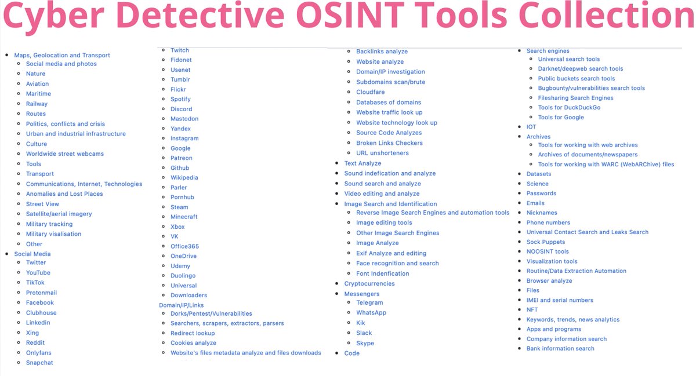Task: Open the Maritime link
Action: (38, 94)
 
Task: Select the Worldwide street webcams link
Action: (65, 154)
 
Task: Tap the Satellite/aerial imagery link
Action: (59, 214)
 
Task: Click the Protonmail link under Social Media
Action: (41, 293)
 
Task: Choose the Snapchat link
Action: (39, 363)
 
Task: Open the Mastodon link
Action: (184, 119)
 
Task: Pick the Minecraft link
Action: (184, 217)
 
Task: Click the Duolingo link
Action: (183, 276)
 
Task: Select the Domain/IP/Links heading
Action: (182, 305)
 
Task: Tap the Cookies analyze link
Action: (193, 343)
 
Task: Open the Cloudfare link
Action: (370, 92)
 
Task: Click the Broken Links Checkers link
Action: (389, 143)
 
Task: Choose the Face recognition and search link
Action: (397, 264)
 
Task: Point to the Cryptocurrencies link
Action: (369, 284)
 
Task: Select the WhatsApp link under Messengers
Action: (371, 313)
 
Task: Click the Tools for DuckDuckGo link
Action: (569, 108)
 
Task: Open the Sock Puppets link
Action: (546, 242)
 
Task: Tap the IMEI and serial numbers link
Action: (560, 300)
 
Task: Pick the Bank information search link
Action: (560, 349)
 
